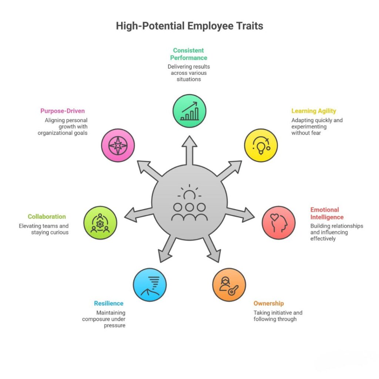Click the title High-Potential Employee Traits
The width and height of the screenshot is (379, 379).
coord(189,26)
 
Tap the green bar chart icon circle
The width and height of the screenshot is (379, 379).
coord(189,111)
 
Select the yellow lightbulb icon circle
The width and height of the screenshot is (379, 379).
coord(261,145)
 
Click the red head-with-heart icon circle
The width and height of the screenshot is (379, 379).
coord(279,223)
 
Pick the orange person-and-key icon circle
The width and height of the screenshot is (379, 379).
coord(229,285)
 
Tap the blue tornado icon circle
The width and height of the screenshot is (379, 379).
coord(150,285)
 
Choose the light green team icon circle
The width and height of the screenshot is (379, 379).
coord(100,223)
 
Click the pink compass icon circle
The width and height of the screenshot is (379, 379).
coord(118,145)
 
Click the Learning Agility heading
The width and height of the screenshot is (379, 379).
coord(313,111)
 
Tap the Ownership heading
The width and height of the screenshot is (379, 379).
coord(269,303)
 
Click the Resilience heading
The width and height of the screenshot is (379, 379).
coord(108,303)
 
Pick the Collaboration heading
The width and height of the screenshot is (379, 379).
coord(47,217)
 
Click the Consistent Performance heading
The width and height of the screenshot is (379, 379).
coord(189,54)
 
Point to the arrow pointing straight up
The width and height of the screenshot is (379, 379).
coord(189,148)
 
